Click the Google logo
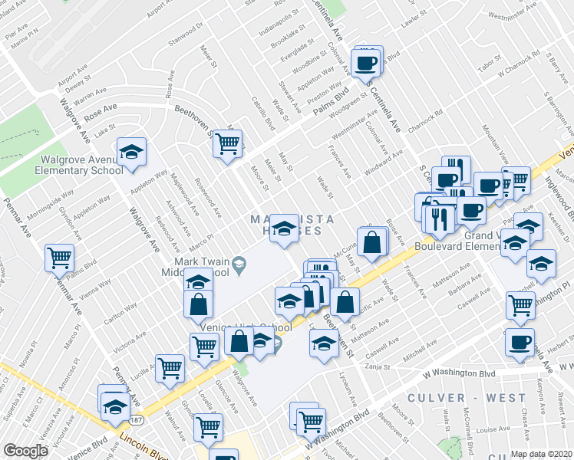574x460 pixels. (26, 451)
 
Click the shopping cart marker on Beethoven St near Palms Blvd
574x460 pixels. (227, 143)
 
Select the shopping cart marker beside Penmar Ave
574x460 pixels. (59, 258)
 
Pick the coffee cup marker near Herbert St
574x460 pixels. (520, 341)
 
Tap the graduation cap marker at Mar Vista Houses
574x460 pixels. (284, 228)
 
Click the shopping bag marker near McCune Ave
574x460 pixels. (371, 242)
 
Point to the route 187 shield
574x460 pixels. (136, 420)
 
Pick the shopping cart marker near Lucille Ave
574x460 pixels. (170, 367)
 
